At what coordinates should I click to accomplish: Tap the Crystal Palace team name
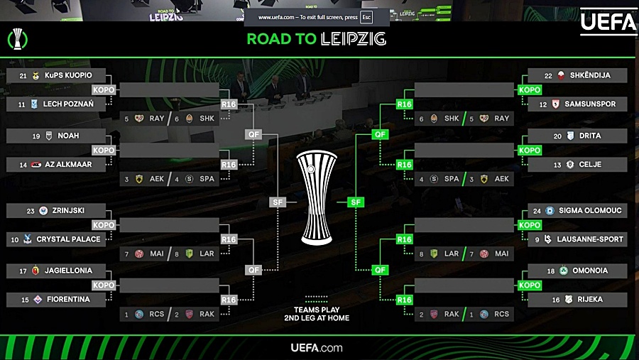coord(68,239)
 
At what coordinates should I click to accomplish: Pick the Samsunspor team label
coord(589,104)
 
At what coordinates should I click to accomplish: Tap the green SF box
coord(356,202)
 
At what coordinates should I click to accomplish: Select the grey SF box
coord(276,202)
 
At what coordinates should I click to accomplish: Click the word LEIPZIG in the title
coord(353,39)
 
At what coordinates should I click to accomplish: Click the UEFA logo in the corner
coord(608,21)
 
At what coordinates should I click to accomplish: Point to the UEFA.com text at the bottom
coord(317,348)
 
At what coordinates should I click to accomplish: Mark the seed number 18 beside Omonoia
coord(551,271)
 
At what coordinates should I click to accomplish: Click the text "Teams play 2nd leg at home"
coord(316,314)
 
